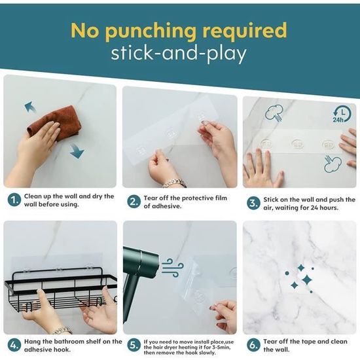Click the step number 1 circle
pos(14,200)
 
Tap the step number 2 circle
pos(134,202)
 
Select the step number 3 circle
pos(253,204)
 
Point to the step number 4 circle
pos(14,346)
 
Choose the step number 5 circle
pos(134,346)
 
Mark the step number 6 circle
pos(253,346)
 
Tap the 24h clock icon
pos(342,114)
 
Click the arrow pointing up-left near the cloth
pos(30,107)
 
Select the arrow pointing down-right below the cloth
pos(77,151)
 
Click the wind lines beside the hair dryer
pos(172,268)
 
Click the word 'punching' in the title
pos(151,31)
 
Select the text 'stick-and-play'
pos(179,54)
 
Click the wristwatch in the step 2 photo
pos(175,183)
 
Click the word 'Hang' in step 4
pos(32,342)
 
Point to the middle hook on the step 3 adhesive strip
pos(298,145)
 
